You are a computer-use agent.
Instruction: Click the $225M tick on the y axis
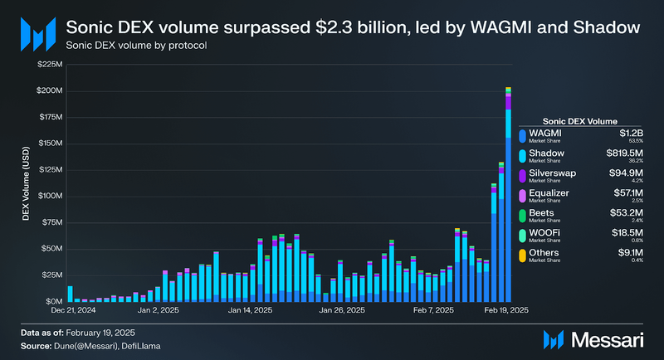[48, 64]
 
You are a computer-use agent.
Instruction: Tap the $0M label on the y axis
[51, 301]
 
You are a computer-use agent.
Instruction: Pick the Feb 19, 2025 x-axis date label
[507, 311]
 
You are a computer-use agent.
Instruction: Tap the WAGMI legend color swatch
[521, 134]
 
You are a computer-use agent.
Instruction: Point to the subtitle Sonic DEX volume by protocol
[135, 46]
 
